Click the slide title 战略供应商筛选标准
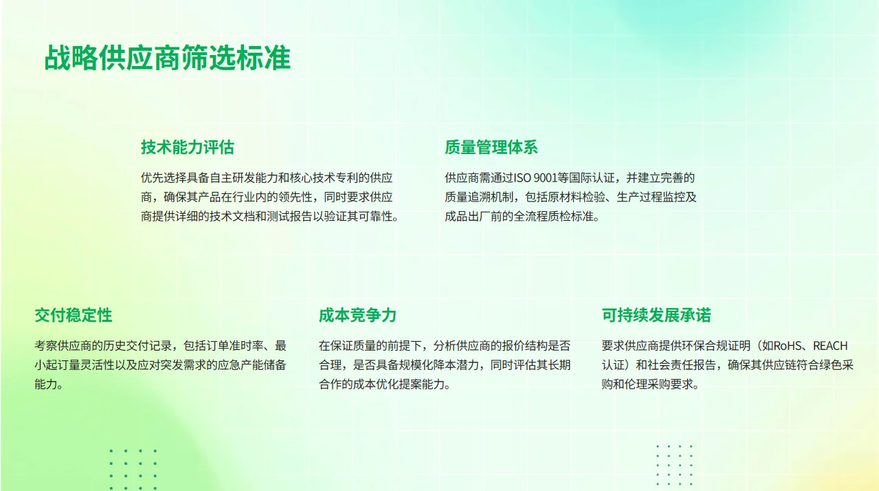[167, 58]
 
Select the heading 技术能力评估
[187, 147]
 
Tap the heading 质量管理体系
[491, 147]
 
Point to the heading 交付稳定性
[73, 316]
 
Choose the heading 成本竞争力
[357, 316]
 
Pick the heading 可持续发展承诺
[656, 316]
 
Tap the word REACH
[830, 346]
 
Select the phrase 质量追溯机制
[478, 197]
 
